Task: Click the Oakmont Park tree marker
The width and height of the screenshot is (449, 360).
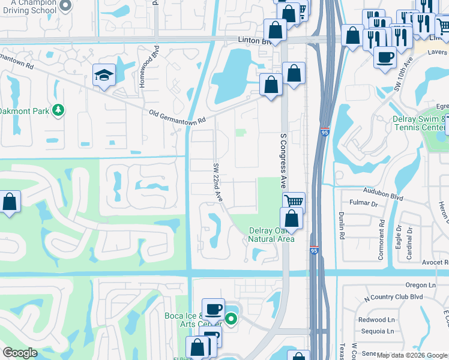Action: click(58, 110)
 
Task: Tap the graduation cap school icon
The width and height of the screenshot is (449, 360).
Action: click(104, 76)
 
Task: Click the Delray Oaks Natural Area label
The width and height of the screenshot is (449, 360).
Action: click(272, 235)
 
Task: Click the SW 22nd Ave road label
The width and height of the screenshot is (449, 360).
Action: click(218, 182)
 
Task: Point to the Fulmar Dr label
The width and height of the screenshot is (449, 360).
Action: click(365, 204)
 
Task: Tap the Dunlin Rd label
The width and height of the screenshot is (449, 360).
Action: click(341, 225)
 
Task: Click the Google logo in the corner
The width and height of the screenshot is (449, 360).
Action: click(20, 353)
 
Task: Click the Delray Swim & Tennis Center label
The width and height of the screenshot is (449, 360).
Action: click(420, 123)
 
